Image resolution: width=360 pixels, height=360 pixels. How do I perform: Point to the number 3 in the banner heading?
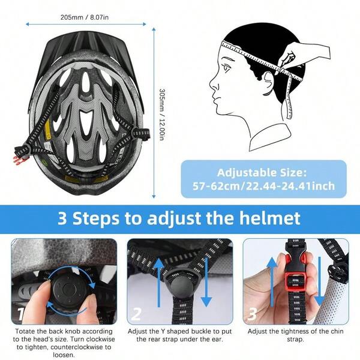[63, 217]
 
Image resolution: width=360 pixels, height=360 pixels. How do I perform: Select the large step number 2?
[136, 314]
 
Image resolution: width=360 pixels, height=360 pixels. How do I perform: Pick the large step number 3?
[252, 314]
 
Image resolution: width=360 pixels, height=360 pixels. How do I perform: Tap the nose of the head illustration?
[212, 85]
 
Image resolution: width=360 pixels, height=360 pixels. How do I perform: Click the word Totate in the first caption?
[26, 331]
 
